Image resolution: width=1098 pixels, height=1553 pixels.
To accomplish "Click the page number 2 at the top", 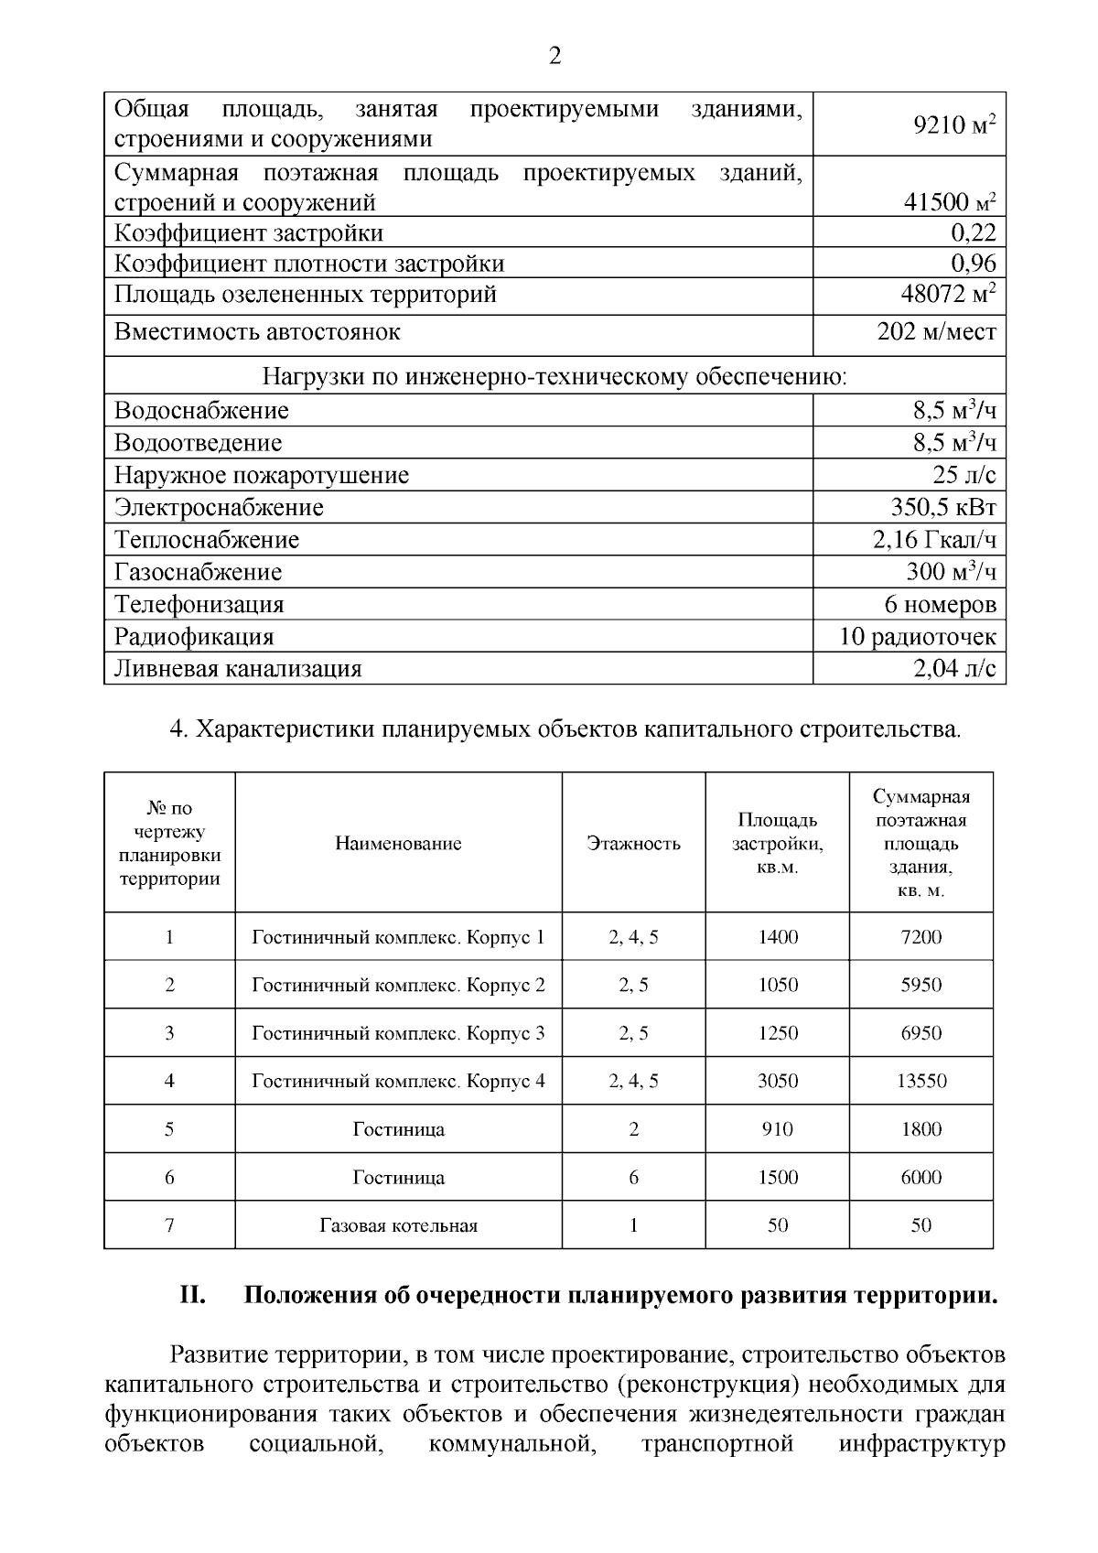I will tap(554, 57).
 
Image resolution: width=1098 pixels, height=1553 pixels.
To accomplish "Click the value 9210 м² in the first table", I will tap(954, 124).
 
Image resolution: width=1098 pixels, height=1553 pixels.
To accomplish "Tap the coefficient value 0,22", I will tap(973, 232).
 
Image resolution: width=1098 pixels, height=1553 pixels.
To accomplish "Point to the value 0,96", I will tap(973, 264).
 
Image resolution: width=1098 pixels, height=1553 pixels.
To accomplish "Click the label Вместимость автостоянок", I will tap(257, 331).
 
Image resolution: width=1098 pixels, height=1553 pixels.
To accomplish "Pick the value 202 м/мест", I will tap(936, 331).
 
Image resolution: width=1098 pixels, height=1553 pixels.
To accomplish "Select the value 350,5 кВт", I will tap(942, 507).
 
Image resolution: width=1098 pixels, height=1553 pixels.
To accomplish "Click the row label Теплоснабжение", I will tap(207, 539).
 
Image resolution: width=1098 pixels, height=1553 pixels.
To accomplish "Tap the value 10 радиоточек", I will tap(918, 636).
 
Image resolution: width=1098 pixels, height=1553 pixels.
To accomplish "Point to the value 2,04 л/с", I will tap(954, 668).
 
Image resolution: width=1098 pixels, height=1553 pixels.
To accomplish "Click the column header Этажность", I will tap(633, 843).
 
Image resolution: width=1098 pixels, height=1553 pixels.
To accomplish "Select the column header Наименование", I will tap(398, 843).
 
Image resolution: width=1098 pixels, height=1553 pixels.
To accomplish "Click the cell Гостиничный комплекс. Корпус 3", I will tap(398, 1033).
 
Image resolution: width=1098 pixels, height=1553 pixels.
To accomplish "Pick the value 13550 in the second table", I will tap(920, 1081).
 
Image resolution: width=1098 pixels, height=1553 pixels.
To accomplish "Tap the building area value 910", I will tap(777, 1129).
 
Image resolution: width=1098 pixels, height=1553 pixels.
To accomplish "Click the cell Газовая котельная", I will tap(398, 1225).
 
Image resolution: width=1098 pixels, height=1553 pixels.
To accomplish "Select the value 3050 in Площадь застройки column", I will tap(777, 1081).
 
